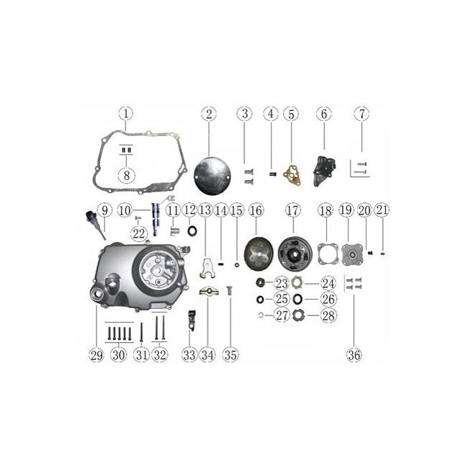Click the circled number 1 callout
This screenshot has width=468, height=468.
(126, 114)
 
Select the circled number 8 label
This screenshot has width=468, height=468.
(127, 175)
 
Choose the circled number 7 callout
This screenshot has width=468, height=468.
(361, 114)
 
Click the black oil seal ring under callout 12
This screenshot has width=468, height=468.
(192, 230)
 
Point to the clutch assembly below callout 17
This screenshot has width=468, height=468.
(295, 253)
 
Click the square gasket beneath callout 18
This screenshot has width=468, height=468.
(328, 254)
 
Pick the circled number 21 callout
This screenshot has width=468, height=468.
(382, 210)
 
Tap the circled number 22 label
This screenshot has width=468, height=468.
(138, 234)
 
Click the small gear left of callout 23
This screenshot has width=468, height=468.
(261, 282)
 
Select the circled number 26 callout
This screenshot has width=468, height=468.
(328, 299)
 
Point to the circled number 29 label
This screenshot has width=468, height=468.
(96, 355)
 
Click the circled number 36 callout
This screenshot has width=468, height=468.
(354, 355)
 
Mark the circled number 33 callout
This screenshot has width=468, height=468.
(189, 355)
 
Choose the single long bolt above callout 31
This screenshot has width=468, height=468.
(141, 333)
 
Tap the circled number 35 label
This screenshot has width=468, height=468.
(230, 355)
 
